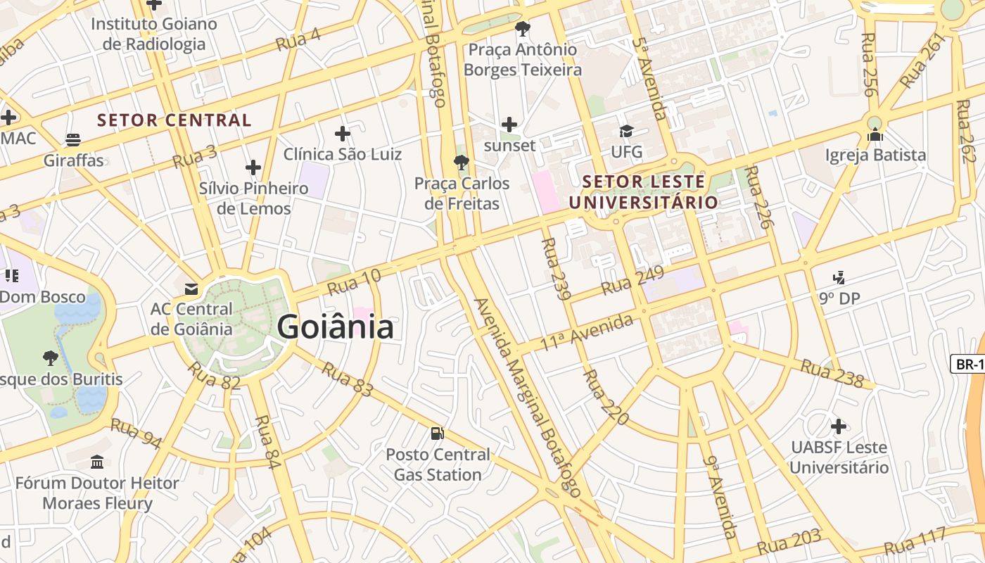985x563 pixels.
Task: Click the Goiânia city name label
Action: coord(335,328)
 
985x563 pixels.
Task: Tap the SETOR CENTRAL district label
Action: coord(174,120)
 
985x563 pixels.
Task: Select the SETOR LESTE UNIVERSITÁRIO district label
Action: coord(644,192)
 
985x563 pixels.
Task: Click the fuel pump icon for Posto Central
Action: coord(438,434)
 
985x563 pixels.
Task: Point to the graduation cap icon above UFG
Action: coord(626,131)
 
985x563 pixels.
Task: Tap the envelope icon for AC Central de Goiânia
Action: coord(191,289)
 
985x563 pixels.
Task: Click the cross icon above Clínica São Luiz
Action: coord(343,133)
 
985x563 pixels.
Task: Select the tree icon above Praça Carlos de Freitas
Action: coord(461,163)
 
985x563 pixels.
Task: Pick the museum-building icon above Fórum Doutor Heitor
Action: coord(97,462)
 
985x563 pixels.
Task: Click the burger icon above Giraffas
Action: coord(73,139)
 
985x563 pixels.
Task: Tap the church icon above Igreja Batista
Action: coord(875,134)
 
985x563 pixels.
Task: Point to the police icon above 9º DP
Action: coord(839,277)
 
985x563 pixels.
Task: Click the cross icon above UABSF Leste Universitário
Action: coord(838,426)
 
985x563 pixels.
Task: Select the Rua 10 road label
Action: coord(354,282)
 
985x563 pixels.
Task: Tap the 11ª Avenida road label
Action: coord(586,333)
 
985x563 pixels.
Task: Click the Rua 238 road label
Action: coord(832,374)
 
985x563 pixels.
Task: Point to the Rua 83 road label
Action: coord(347,379)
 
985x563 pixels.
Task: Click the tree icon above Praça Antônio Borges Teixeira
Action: coord(522,29)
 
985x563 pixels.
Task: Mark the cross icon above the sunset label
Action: coord(509,125)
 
